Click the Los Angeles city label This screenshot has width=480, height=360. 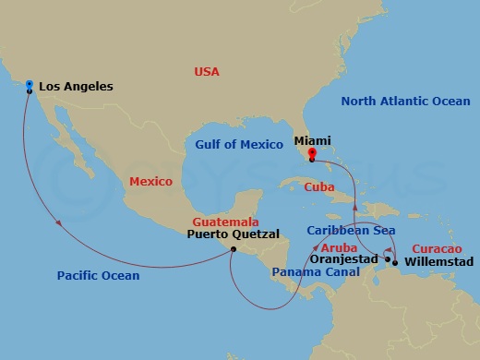(x=77, y=87)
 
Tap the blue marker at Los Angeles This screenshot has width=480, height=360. (x=30, y=86)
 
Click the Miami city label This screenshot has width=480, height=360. (x=313, y=141)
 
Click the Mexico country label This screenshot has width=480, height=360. (x=150, y=182)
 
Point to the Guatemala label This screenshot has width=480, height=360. (x=224, y=222)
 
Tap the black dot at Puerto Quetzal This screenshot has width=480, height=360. (x=234, y=248)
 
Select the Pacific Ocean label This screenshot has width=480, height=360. (x=98, y=275)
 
